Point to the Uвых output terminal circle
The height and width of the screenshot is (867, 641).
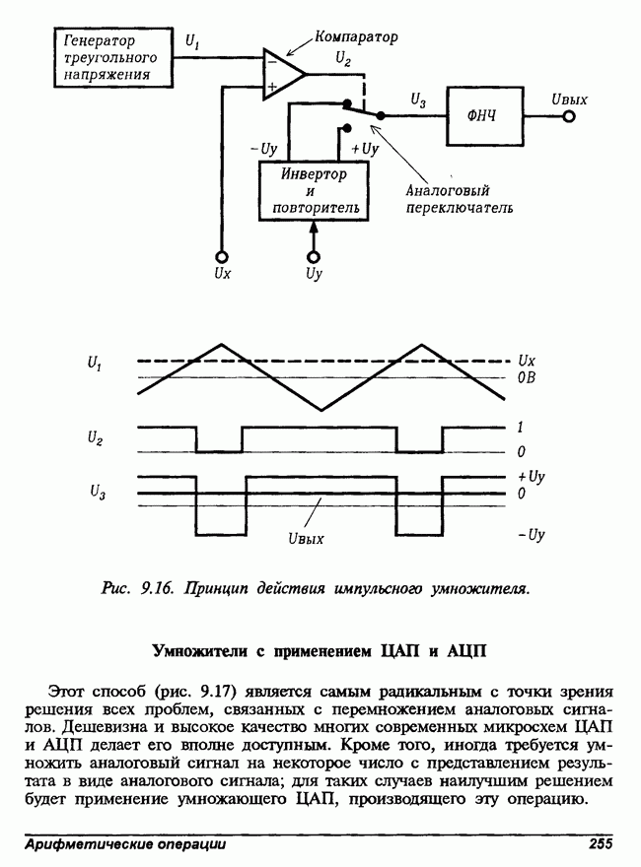pos(568,116)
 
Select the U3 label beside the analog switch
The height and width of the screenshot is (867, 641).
pos(418,100)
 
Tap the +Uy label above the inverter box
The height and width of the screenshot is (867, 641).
pos(364,149)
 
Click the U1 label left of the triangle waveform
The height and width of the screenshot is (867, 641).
pos(94,365)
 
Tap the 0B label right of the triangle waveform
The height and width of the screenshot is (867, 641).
pos(528,377)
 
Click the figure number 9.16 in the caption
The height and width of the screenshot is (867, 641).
pos(157,589)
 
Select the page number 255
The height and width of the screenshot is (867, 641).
pos(602,843)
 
